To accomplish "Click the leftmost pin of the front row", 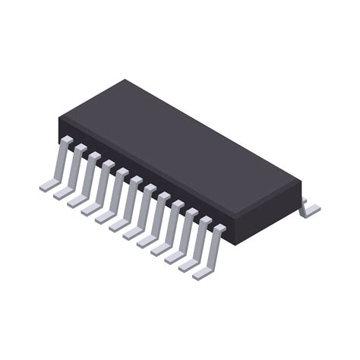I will coord(57,166).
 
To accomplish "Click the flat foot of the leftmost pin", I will coord(47,185).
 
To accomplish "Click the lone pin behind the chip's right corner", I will coord(309,208).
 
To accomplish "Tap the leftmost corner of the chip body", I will coord(60,122).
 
